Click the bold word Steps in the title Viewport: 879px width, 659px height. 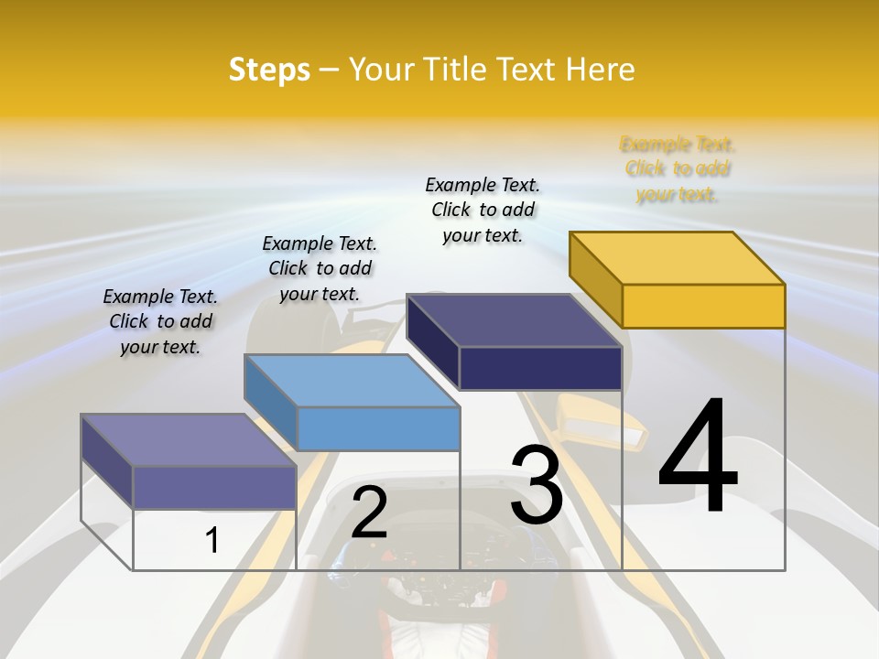pyautogui.click(x=268, y=70)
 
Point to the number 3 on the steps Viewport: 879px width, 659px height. pyautogui.click(x=537, y=485)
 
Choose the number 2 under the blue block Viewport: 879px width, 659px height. pyautogui.click(x=369, y=513)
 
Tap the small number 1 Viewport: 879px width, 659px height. pyautogui.click(x=212, y=540)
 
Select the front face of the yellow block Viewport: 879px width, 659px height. pyautogui.click(x=703, y=306)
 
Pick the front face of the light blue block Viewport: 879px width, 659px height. pyautogui.click(x=378, y=428)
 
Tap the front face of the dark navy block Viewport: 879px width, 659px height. pyautogui.click(x=540, y=368)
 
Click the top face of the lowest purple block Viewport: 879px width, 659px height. pyautogui.click(x=189, y=440)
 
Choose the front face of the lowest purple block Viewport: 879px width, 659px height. pyautogui.click(x=214, y=487)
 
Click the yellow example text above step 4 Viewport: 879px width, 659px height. pyautogui.click(x=678, y=168)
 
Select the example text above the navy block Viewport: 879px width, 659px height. pyautogui.click(x=483, y=210)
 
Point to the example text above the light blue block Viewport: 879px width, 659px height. pyautogui.click(x=320, y=268)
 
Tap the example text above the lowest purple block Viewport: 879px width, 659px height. pyautogui.click(x=160, y=321)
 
